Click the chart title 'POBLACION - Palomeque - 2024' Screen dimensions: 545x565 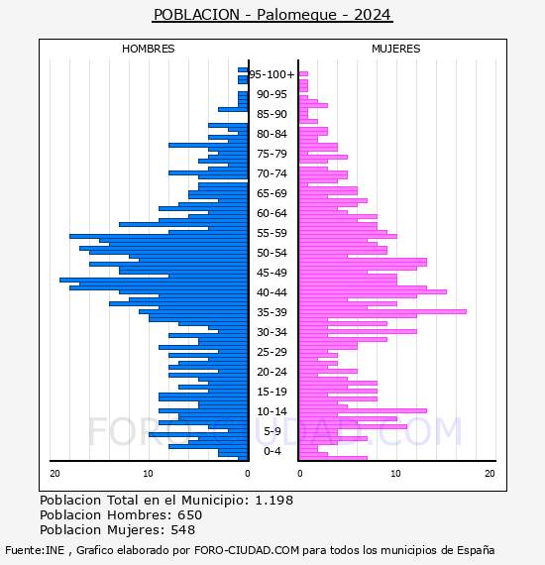coord(272,15)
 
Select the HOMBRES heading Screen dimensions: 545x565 coord(148,49)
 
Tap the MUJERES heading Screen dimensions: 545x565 coord(396,49)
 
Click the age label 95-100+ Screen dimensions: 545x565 coord(272,74)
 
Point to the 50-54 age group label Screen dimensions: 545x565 coord(272,253)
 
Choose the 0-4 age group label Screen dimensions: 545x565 coord(272,451)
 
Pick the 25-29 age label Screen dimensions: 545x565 coord(272,352)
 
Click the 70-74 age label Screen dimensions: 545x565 coord(272,173)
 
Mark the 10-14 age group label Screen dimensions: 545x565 coord(272,411)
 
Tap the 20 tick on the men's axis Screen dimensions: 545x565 coord(54,474)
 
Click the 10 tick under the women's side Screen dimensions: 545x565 coord(396,474)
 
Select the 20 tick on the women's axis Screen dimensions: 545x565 coord(490,474)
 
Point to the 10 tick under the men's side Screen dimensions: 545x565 coord(148,474)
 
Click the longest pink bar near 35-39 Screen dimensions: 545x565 coord(382,311)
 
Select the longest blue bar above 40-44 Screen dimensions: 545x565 coord(155,280)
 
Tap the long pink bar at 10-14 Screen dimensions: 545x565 coord(363,410)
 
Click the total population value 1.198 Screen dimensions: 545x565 coord(274,501)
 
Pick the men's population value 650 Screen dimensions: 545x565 coord(190,515)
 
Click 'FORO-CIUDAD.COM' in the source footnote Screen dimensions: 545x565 coord(247,550)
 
